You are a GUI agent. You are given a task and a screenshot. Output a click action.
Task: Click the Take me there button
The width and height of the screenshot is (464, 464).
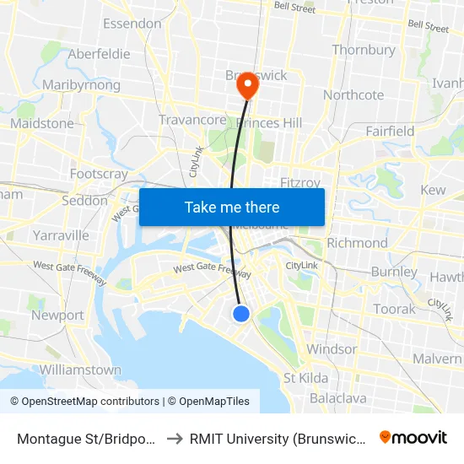pos(232,207)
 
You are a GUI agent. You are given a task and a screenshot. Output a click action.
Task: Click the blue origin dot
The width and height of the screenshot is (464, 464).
pos(241,314)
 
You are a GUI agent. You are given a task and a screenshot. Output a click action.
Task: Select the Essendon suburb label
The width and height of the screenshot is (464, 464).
pos(132,24)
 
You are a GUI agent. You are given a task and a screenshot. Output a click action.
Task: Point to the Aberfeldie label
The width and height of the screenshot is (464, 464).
pos(100,53)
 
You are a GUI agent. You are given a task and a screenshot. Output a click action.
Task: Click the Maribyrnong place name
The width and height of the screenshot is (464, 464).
pos(81,85)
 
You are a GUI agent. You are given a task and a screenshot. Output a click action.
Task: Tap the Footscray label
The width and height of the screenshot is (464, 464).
pos(99,174)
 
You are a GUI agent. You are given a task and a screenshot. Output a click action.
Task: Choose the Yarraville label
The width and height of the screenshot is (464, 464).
pos(60,235)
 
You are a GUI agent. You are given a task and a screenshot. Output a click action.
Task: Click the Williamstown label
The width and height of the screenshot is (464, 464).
pos(80,370)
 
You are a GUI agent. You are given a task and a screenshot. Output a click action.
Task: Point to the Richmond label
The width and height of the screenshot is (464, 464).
pos(356,243)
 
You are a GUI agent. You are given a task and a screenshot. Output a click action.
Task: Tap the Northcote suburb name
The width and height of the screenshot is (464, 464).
pos(353,95)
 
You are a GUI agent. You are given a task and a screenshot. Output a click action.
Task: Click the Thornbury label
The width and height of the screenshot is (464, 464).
pos(364,50)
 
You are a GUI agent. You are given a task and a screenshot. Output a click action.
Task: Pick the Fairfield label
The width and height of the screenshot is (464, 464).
pos(390,131)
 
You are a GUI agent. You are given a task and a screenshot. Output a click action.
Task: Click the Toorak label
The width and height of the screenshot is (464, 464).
pos(395,309)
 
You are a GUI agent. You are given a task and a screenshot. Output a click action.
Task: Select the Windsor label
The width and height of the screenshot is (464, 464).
pos(332,348)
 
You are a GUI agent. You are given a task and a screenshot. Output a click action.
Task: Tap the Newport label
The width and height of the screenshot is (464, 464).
pos(57,316)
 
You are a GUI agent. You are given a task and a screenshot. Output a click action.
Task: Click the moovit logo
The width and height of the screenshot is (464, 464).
pos(413,437)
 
